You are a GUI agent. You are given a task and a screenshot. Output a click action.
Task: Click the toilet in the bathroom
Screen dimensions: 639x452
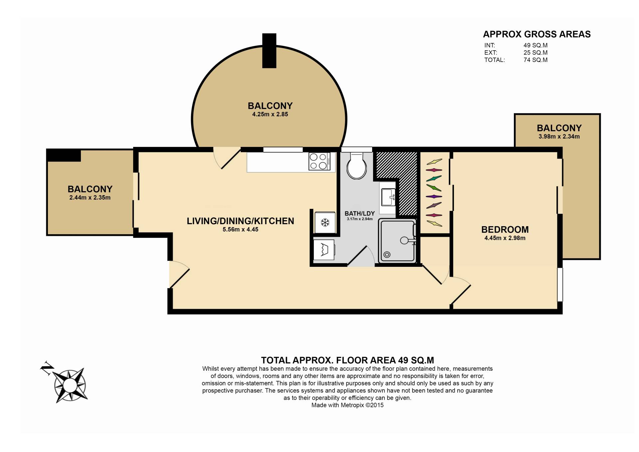(356, 166)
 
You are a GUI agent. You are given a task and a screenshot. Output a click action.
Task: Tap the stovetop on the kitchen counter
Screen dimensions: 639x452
(319, 161)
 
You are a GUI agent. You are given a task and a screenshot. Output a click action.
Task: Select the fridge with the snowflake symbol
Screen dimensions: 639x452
(325, 222)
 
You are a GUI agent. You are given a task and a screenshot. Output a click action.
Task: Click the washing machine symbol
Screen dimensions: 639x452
(324, 249)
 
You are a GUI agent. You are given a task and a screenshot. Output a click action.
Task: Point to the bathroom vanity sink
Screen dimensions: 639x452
(388, 197)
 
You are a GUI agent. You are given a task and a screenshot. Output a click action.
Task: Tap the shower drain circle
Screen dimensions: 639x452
(387, 255)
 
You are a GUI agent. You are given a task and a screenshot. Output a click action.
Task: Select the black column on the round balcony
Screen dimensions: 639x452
(269, 51)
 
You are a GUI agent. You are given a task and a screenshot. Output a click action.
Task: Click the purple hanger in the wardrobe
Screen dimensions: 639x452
(434, 197)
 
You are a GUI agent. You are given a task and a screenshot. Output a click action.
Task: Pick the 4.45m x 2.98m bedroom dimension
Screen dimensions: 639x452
(505, 238)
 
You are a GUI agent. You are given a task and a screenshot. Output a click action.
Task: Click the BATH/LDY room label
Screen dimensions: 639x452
(359, 214)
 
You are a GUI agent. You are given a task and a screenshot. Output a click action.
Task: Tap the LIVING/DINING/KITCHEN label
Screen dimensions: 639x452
(240, 221)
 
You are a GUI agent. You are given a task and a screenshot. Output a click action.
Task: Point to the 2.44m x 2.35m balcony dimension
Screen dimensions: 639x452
(90, 198)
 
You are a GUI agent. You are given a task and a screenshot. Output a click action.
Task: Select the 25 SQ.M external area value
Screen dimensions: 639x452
(535, 53)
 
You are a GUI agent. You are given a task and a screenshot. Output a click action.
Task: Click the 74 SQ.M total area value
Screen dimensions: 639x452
(535, 60)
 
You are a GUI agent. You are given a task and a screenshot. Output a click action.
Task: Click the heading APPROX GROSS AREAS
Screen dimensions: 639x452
(537, 34)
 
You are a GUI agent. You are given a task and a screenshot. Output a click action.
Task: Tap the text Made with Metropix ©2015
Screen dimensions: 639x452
(347, 405)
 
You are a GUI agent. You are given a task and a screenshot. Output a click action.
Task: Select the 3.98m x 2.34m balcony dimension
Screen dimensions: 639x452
(559, 137)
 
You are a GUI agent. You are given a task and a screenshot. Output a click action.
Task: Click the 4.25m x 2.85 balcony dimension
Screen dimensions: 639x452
(270, 114)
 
